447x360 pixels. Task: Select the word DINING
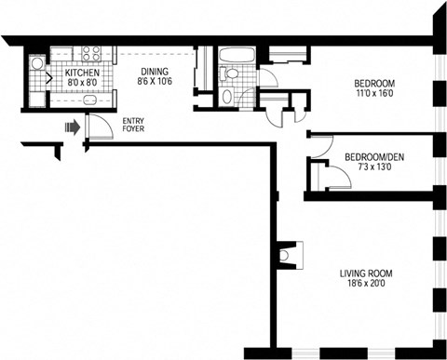(154, 71)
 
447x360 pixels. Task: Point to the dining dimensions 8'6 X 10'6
(154, 81)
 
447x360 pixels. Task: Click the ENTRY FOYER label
(134, 125)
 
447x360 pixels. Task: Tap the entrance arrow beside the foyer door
(71, 126)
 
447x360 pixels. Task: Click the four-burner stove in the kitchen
(92, 54)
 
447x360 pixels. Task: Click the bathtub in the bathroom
(229, 53)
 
